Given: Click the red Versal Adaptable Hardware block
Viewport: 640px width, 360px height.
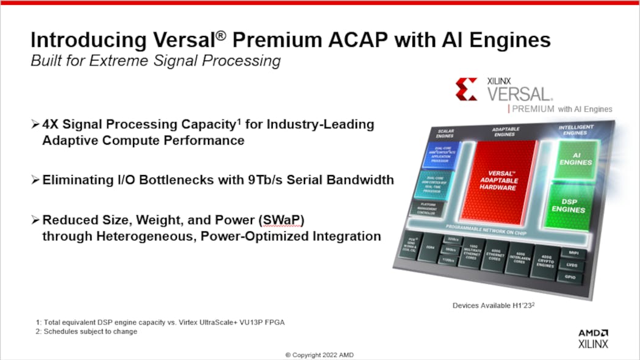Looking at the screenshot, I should click(x=498, y=179).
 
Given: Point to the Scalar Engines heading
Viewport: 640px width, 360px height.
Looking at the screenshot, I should click(x=446, y=132).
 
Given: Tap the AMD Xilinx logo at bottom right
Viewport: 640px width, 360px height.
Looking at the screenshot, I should click(x=593, y=338).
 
